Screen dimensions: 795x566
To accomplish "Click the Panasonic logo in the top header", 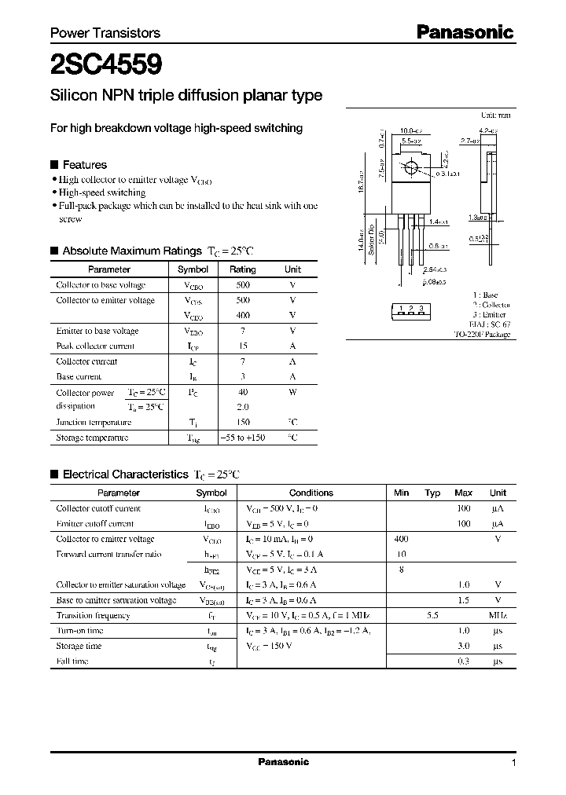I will [464, 32].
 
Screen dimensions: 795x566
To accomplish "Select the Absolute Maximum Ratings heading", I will [132, 251].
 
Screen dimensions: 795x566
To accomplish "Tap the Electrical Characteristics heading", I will [126, 474].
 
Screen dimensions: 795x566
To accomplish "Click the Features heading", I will [84, 165].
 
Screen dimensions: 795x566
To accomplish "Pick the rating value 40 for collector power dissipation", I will [242, 392].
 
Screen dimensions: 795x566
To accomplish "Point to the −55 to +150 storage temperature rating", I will [242, 438].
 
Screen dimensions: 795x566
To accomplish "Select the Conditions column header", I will [311, 493].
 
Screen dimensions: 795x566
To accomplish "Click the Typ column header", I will [432, 493].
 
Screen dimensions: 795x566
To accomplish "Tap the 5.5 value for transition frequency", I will [432, 616].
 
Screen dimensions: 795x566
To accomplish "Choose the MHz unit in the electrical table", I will [498, 616].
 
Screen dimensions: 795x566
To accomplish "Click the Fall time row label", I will [72, 661].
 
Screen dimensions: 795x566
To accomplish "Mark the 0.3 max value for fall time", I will [464, 661].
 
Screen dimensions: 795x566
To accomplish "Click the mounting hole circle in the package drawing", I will [410, 167].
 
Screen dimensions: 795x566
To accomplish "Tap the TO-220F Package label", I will [482, 335].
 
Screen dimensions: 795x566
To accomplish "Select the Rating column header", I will [242, 269].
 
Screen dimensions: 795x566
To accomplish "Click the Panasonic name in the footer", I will [284, 762].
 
